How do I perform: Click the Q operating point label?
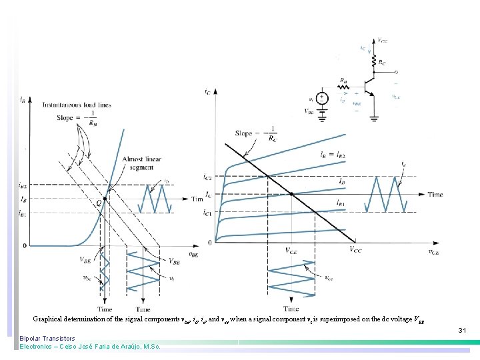(x=99, y=202)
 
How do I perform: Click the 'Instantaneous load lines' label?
(x=77, y=105)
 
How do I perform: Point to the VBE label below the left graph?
(x=86, y=260)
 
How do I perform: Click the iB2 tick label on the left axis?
(x=22, y=185)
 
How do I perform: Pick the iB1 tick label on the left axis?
(x=22, y=213)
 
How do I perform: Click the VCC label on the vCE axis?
(x=356, y=250)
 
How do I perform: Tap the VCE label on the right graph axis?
(x=292, y=251)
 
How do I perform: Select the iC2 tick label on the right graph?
(x=207, y=177)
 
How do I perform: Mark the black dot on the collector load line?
(x=291, y=195)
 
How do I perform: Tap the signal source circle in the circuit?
(x=321, y=98)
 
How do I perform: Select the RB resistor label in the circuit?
(x=343, y=81)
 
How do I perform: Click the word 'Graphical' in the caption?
(x=49, y=319)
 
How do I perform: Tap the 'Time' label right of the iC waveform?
(x=435, y=195)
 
